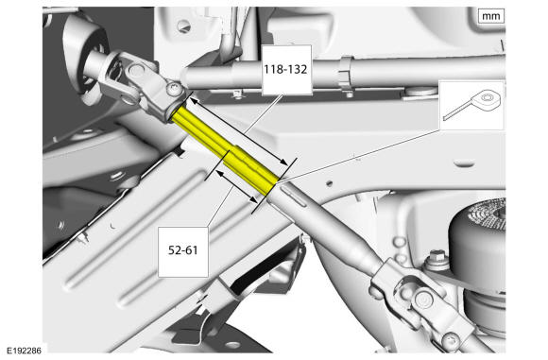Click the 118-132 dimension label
285,69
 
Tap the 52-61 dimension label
182,250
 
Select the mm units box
491,16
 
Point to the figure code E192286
25,351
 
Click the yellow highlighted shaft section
224,150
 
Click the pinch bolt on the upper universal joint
174,89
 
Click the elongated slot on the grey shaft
293,197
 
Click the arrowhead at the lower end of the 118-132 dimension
283,163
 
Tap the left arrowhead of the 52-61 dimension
219,172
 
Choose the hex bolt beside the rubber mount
436,259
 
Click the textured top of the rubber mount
488,213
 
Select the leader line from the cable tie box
359,156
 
